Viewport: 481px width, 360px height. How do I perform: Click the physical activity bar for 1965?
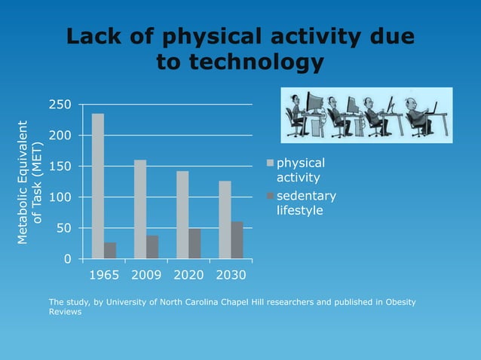pyautogui.click(x=98, y=186)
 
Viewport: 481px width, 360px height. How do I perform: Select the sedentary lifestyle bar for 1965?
pyautogui.click(x=110, y=251)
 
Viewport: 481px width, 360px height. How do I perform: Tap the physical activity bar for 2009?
pyautogui.click(x=140, y=209)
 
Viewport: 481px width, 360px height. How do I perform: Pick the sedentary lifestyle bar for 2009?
pyautogui.click(x=152, y=247)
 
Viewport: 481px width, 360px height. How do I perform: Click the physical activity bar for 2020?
pyautogui.click(x=182, y=215)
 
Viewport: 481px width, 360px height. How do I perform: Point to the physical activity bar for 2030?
pyautogui.click(x=225, y=220)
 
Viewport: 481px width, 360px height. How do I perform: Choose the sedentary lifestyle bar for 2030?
pyautogui.click(x=237, y=240)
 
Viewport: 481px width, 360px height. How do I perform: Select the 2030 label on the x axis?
pyautogui.click(x=231, y=275)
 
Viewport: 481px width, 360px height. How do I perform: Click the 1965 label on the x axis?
pyautogui.click(x=104, y=275)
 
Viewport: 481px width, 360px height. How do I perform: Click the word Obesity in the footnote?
pyautogui.click(x=397, y=302)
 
